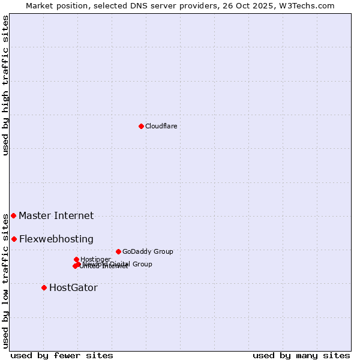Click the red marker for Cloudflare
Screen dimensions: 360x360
(141, 126)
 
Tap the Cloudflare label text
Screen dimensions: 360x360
(161, 126)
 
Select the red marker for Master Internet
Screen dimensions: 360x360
(14, 215)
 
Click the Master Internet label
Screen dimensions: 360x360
(56, 215)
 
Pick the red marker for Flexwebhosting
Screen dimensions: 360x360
(14, 239)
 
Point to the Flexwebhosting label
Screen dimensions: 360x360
(56, 239)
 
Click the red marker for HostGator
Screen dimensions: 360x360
(44, 287)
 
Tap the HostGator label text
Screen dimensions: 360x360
(73, 287)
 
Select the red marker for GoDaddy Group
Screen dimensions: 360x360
(118, 251)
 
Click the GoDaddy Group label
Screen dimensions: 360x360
(148, 251)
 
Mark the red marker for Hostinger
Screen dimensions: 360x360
(76, 259)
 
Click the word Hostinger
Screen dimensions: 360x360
(96, 259)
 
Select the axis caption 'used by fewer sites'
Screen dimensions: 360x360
(61, 355)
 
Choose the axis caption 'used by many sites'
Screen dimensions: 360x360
(301, 355)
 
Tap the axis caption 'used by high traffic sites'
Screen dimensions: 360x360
(5, 85)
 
